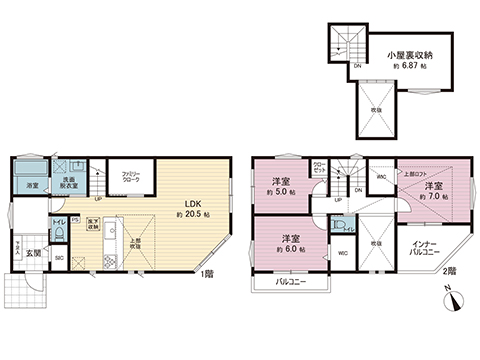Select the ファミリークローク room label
[125, 177]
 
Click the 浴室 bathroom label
[33, 185]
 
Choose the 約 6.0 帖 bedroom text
[289, 248]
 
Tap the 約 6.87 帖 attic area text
[408, 63]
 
